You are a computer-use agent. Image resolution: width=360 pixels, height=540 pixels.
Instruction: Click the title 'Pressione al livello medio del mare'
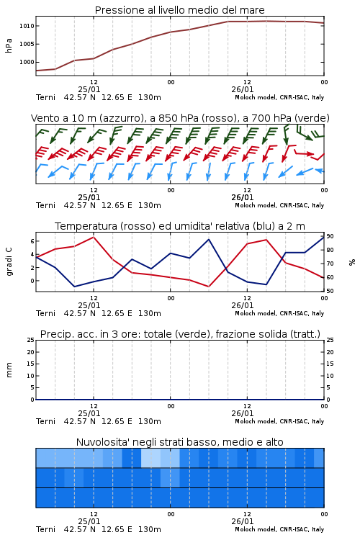click(180, 10)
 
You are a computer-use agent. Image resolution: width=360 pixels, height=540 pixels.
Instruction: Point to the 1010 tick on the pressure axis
click(27, 26)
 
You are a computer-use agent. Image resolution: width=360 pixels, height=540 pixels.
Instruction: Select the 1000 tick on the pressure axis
click(27, 62)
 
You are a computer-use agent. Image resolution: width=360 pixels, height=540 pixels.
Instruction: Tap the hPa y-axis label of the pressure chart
click(9, 45)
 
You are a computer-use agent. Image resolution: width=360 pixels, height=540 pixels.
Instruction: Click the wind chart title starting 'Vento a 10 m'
click(180, 118)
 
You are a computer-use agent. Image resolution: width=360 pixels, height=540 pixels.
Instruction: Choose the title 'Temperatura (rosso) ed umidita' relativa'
click(180, 226)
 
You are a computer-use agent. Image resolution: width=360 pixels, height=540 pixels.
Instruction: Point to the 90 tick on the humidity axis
click(330, 236)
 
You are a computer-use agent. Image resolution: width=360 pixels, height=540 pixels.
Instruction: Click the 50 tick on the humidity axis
click(330, 291)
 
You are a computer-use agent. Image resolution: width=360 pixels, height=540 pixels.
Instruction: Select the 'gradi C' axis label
click(9, 262)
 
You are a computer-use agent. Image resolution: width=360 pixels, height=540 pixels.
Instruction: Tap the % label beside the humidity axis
click(352, 262)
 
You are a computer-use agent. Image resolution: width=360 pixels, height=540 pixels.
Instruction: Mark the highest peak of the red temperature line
click(94, 237)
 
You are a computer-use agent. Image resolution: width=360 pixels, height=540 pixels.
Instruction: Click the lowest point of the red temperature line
click(208, 287)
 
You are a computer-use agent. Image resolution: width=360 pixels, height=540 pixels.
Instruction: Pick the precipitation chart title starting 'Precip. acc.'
click(180, 334)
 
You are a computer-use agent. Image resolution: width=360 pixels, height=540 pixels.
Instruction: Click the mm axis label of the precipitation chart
click(9, 370)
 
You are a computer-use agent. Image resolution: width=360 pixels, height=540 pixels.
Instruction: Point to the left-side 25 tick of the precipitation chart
click(31, 340)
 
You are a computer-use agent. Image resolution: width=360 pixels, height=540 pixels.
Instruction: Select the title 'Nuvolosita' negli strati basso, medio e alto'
click(180, 442)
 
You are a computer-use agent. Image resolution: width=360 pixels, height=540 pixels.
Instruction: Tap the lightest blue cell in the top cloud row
click(150, 458)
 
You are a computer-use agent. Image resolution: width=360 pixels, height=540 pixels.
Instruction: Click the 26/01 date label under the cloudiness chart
click(243, 521)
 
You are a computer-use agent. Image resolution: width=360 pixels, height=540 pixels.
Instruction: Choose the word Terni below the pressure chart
click(45, 97)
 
